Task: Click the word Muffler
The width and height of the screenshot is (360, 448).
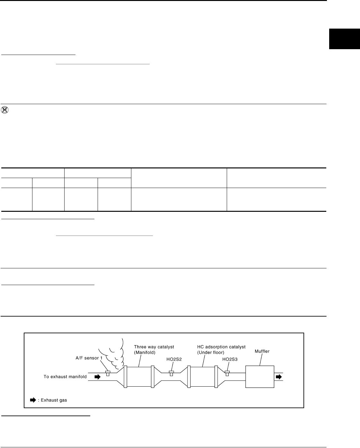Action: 262,351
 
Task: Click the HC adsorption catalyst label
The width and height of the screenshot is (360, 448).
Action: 221,349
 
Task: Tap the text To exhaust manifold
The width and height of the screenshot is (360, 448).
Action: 65,377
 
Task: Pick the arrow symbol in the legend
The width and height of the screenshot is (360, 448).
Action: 33,400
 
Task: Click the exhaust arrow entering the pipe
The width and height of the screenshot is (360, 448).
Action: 97,377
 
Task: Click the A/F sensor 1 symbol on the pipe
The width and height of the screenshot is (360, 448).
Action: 108,373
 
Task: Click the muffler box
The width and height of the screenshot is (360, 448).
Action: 260,377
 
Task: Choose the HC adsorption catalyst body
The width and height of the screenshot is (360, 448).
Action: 202,377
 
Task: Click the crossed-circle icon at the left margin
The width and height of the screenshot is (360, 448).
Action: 5,110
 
